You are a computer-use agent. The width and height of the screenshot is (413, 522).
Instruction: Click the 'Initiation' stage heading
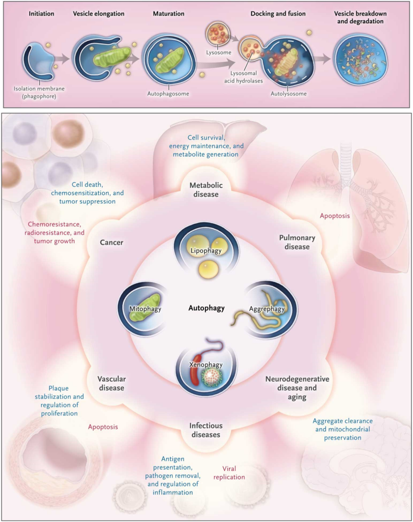pos(41,14)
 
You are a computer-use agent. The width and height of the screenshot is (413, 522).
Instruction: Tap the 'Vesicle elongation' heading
pos(99,14)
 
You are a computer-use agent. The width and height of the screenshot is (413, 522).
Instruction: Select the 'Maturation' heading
pos(168,14)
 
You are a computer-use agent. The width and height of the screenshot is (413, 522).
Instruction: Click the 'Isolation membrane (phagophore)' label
pos(40,92)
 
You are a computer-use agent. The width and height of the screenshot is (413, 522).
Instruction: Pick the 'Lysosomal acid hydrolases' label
pos(243,77)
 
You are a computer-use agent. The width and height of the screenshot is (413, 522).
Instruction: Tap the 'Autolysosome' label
pos(288,94)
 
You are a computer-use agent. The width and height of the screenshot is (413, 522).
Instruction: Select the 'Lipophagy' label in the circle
pos(205,250)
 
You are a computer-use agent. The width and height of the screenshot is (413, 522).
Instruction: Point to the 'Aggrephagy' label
pos(267,309)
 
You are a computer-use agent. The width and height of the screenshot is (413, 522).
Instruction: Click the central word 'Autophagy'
pos(206,308)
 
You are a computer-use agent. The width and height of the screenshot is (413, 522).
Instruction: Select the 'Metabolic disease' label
pos(206,189)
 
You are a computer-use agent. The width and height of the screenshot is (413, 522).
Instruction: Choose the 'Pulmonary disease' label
pos(297,242)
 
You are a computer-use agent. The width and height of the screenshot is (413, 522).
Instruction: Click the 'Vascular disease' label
pos(111,383)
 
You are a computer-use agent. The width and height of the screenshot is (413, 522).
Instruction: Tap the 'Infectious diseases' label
pos(206,430)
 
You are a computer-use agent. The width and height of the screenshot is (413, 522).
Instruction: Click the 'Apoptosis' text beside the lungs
pos(335,215)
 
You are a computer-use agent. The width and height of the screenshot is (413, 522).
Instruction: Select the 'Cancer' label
pos(112,242)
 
